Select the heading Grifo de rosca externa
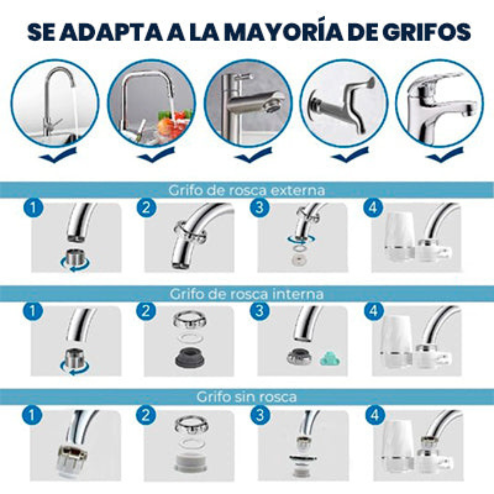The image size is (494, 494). [x=247, y=190]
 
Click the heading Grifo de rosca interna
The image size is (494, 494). [x=247, y=294]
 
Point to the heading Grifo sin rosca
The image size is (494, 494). [x=247, y=397]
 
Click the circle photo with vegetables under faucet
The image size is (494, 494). [x=151, y=104]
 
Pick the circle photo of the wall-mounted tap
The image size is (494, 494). [x=344, y=104]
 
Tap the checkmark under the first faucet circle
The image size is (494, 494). [x=58, y=156]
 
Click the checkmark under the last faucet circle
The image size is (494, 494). [x=444, y=156]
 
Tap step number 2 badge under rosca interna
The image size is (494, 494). [x=146, y=311]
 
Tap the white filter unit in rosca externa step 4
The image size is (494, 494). [x=399, y=238]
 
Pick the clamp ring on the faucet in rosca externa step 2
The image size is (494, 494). [x=190, y=231]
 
